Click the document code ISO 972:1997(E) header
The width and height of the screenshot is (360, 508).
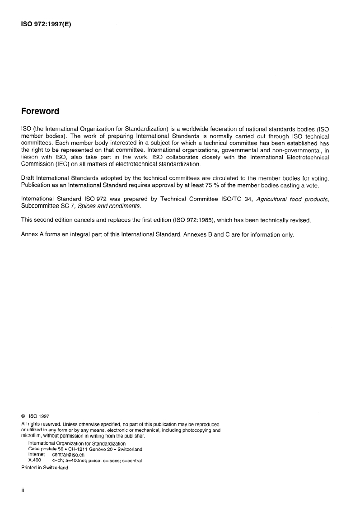[x=47, y=25]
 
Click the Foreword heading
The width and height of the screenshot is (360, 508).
[x=40, y=111]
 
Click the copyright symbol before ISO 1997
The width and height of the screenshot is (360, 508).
[x=23, y=417]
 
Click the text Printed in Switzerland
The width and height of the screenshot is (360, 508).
[x=45, y=468]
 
